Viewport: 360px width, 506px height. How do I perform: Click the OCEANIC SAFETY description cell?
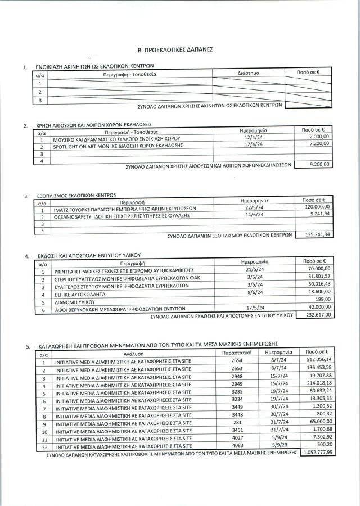pyautogui.click(x=124, y=214)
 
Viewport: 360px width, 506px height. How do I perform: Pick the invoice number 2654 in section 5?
pyautogui.click(x=236, y=359)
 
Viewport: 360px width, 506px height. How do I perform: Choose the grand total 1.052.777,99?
pyautogui.click(x=318, y=451)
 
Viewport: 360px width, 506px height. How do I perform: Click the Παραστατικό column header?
pyautogui.click(x=236, y=351)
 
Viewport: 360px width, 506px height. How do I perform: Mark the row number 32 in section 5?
pyautogui.click(x=43, y=445)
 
